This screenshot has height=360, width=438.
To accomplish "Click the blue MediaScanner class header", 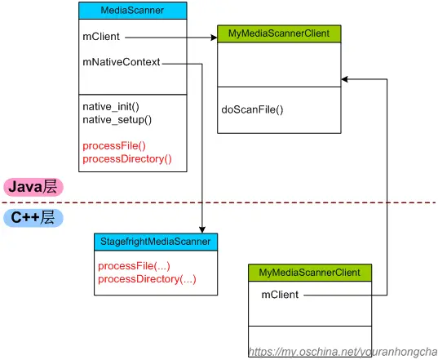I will [x=134, y=11].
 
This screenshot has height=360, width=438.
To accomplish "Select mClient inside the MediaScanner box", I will [x=100, y=36].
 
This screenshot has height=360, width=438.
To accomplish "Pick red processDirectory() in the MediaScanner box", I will [x=127, y=158].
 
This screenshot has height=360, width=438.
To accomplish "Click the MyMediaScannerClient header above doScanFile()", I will [x=279, y=33].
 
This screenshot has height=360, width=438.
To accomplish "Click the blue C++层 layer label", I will [x=34, y=218].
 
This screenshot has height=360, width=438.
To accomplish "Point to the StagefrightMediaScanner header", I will [x=156, y=242].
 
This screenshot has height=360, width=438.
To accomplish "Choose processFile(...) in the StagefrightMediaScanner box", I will [x=133, y=266].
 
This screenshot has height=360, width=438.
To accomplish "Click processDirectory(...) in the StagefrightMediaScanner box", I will [x=147, y=279].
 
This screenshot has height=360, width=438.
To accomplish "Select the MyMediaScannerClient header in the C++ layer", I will [x=310, y=271].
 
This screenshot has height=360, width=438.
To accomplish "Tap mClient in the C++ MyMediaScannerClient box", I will [x=279, y=294].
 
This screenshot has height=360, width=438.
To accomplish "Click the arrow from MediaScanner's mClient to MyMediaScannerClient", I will [x=171, y=37].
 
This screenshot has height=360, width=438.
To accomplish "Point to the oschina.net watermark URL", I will [x=343, y=351].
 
